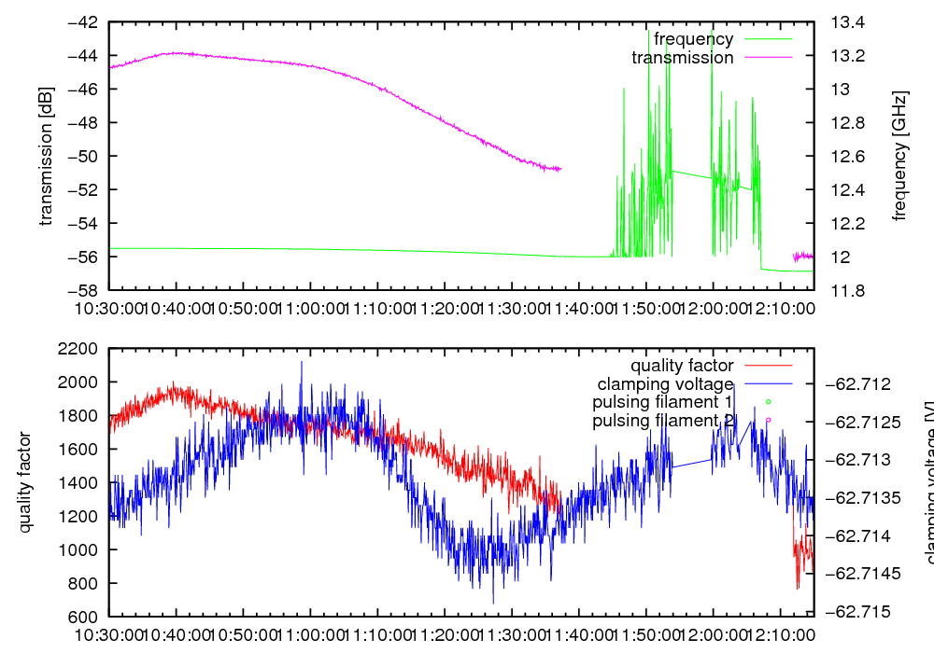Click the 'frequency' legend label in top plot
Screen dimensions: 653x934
point(693,39)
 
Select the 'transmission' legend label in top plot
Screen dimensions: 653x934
point(682,58)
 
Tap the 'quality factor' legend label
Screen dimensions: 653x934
point(682,366)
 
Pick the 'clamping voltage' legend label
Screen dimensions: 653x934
point(665,383)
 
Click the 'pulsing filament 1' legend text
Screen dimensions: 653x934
point(662,402)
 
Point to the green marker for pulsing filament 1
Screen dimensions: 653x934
point(768,402)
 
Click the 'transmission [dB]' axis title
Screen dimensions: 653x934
point(46,156)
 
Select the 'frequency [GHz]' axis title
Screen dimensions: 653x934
point(900,156)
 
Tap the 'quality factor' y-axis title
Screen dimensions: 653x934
point(25,482)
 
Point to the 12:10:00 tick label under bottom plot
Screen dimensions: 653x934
point(781,634)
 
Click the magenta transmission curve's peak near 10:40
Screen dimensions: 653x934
point(177,53)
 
